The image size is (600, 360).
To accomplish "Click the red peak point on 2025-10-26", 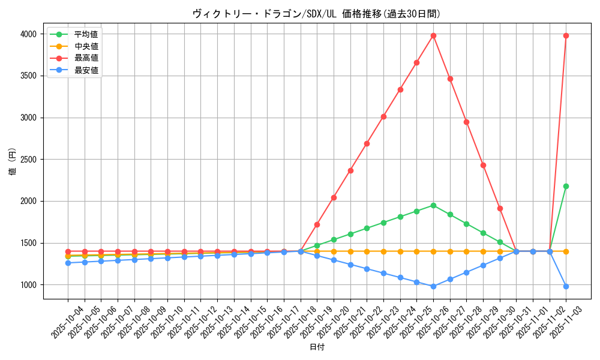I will [433, 35].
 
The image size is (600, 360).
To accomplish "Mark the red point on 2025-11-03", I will [566, 35].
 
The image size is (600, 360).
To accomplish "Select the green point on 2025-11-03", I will [566, 186].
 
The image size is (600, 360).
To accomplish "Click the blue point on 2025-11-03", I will [566, 286].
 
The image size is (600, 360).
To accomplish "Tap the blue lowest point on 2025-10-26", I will [433, 286].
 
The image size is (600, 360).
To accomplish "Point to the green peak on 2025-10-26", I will [433, 205].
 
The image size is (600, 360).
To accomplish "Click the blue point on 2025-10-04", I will [68, 263].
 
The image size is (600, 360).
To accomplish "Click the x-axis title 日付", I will [317, 347].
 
